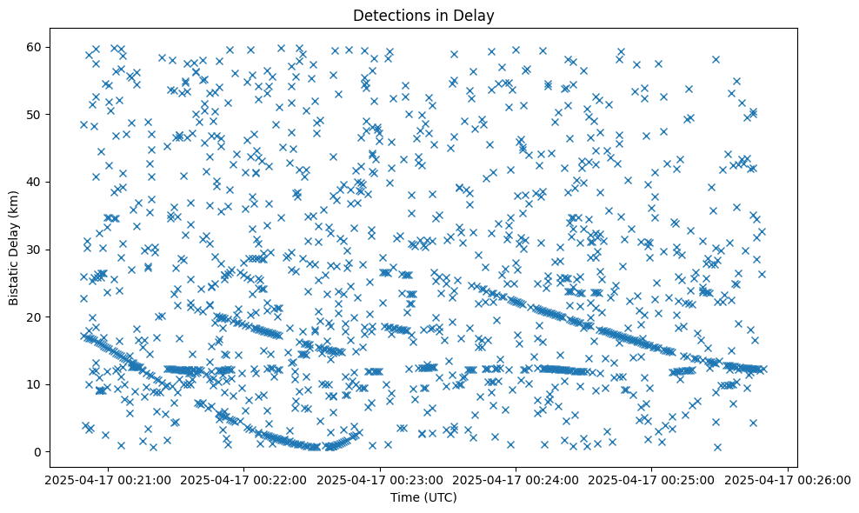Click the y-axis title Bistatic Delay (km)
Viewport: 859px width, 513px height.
pyautogui.click(x=14, y=248)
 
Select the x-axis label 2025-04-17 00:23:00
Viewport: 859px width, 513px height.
pyautogui.click(x=379, y=480)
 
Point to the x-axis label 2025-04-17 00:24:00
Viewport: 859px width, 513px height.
pyautogui.click(x=516, y=480)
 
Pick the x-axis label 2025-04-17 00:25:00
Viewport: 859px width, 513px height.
pyautogui.click(x=652, y=480)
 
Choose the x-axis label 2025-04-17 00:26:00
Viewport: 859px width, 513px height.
pyautogui.click(x=788, y=480)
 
